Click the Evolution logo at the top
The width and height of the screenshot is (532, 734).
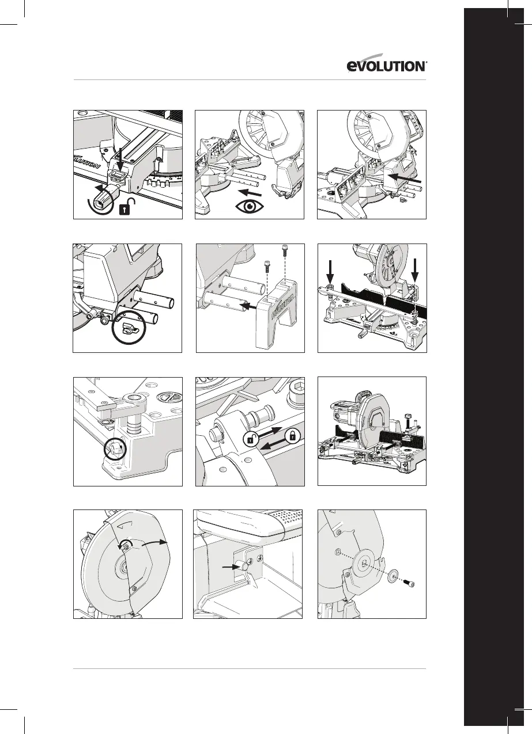(x=386, y=66)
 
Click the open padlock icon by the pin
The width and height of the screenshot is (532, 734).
(x=250, y=440)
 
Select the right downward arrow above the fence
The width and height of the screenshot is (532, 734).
(x=415, y=269)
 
